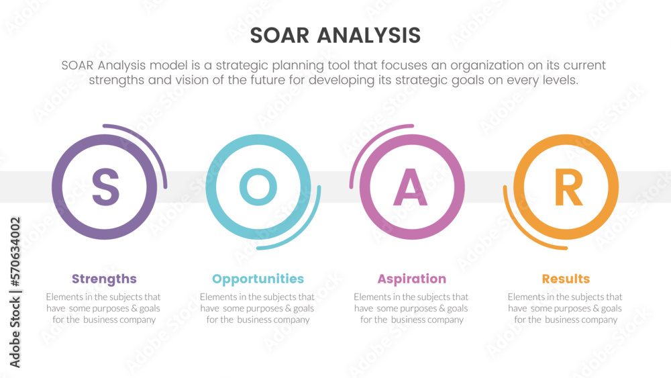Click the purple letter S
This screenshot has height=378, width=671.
click(105, 187)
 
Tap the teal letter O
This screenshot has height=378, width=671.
click(258, 187)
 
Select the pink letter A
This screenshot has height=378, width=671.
click(411, 187)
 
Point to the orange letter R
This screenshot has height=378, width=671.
click(568, 187)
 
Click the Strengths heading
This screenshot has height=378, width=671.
click(104, 279)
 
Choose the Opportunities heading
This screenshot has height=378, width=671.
click(258, 279)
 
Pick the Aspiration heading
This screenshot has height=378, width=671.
click(412, 279)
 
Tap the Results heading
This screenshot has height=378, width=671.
click(566, 279)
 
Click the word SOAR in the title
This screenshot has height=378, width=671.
click(279, 35)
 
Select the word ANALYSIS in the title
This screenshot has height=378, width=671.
click(369, 35)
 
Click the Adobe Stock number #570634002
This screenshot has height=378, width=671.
click(15, 252)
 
